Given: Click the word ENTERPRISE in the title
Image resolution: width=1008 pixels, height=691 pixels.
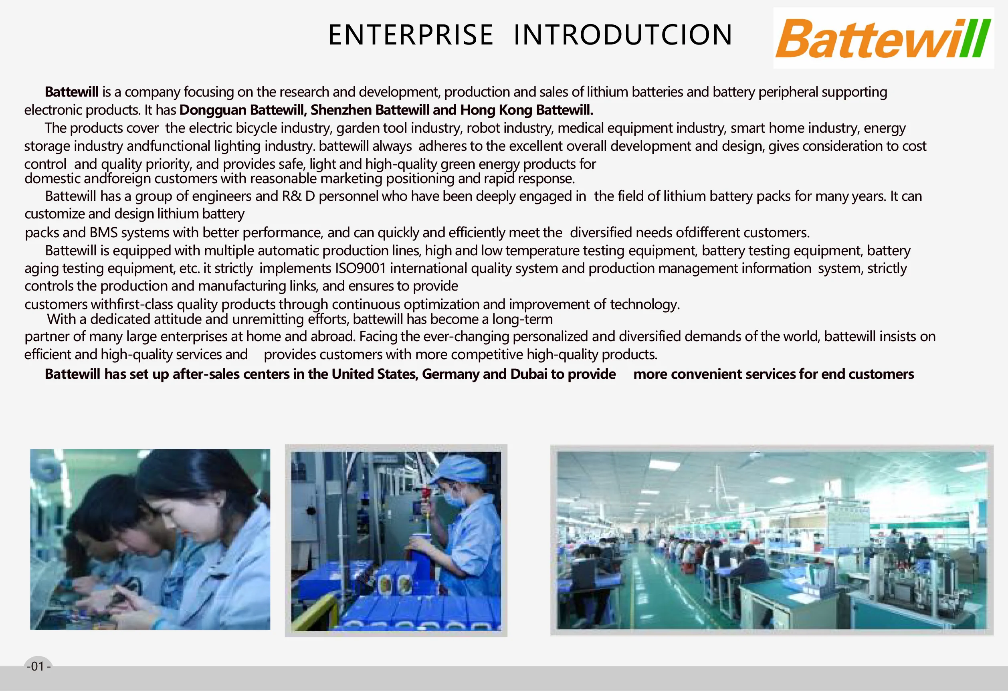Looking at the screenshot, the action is pos(411,35).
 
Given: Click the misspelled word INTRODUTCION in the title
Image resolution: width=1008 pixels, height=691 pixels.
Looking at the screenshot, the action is pos(623,35).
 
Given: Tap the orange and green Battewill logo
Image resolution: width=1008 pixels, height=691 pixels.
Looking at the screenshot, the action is pos(883,38).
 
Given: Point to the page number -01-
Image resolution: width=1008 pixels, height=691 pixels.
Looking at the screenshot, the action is pos(38,666).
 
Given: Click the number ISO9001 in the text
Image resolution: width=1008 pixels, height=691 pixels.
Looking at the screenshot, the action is pos(360,268).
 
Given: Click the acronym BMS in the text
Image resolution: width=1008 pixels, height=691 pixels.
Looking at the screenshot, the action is pos(103,232).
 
